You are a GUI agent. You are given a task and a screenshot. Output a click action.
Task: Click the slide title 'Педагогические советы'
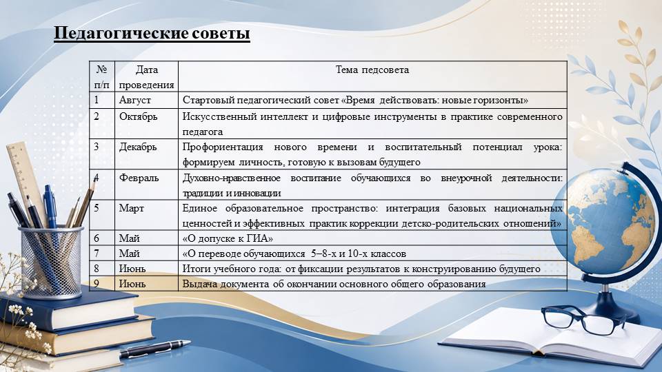152,33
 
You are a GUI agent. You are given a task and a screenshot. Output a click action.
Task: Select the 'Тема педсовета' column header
372,70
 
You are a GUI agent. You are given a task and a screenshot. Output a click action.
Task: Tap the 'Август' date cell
134,100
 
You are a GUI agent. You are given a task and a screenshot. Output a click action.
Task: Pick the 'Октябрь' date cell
138,116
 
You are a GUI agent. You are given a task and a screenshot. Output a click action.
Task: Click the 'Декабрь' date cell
138,147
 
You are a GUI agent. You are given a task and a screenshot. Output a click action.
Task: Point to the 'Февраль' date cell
139,178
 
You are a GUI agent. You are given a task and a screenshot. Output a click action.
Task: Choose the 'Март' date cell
131,208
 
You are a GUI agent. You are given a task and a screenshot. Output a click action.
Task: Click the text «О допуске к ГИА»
228,238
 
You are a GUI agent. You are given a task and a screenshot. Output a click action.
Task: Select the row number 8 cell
102,269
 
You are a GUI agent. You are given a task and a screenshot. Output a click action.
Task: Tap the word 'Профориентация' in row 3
223,147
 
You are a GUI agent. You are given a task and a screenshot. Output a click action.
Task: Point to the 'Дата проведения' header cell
146,76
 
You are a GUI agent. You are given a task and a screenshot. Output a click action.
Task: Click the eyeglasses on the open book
583,319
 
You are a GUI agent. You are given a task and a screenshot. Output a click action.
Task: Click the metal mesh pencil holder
52,262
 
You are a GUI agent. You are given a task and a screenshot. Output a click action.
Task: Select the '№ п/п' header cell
102,76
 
